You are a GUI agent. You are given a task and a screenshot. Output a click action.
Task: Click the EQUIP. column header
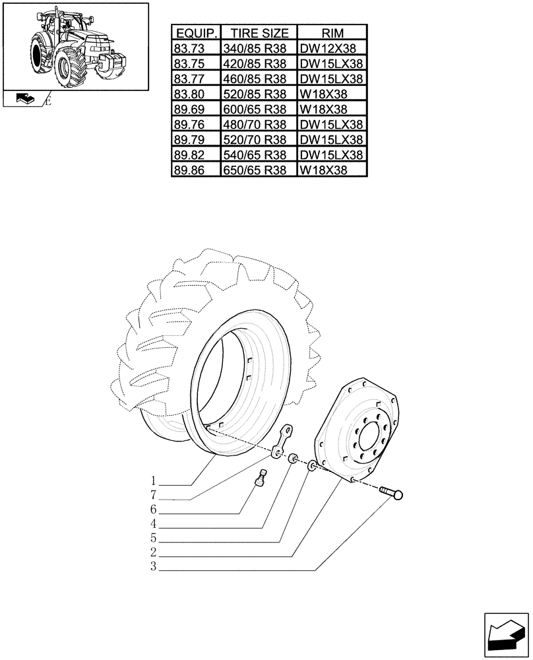(x=195, y=33)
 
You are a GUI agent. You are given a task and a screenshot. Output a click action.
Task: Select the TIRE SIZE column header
(x=259, y=33)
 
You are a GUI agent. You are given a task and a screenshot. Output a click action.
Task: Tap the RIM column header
(x=332, y=33)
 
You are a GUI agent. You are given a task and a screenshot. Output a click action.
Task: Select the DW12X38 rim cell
(x=332, y=48)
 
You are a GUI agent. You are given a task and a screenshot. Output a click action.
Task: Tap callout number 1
(x=152, y=480)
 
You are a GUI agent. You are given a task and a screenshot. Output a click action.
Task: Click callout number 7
(x=152, y=495)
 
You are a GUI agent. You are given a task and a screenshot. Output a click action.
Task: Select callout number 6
(x=152, y=510)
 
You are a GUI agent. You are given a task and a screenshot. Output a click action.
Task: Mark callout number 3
(x=152, y=567)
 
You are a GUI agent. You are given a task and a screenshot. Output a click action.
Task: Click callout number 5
(x=152, y=538)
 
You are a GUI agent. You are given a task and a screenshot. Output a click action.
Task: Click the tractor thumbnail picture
(x=75, y=45)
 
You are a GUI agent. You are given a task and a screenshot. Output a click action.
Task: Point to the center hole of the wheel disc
(x=369, y=438)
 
